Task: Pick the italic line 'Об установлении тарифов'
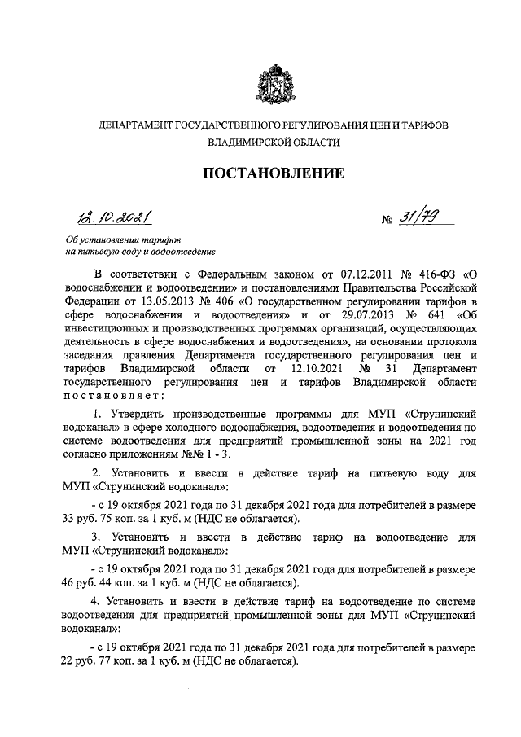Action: click(x=123, y=241)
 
